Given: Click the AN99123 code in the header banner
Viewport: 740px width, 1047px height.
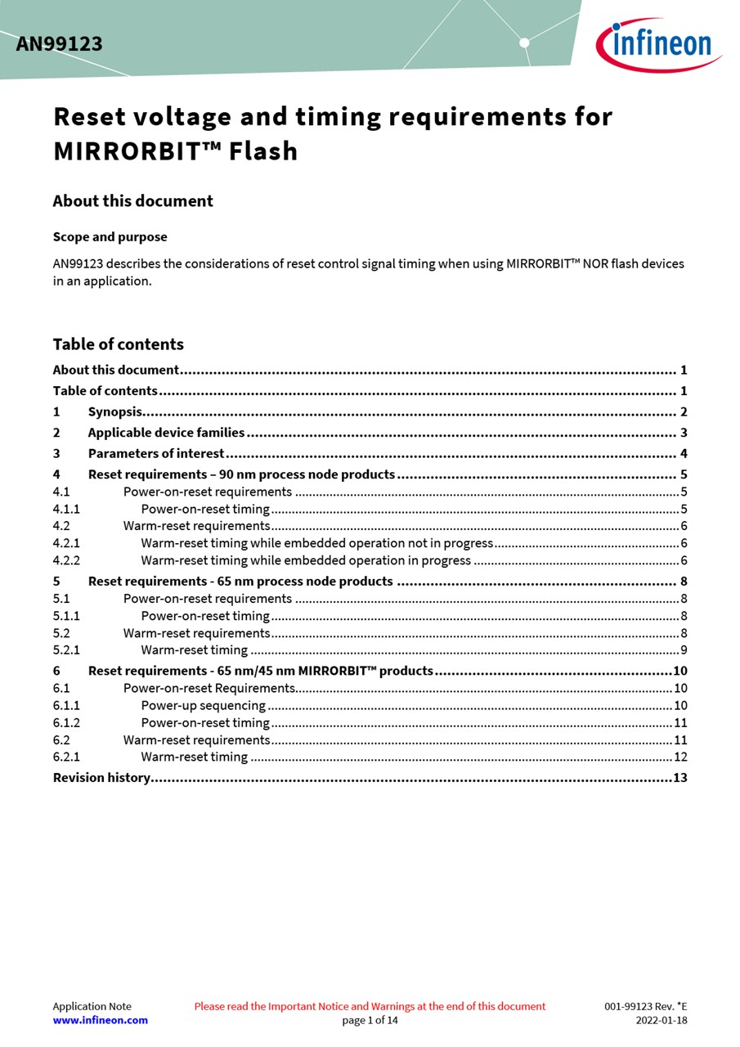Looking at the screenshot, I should (59, 44).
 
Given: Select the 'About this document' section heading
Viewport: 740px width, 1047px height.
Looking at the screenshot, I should (132, 201).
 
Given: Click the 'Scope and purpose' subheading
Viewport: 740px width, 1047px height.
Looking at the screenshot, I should (110, 237).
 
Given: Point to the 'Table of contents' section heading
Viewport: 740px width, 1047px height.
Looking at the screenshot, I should (118, 344).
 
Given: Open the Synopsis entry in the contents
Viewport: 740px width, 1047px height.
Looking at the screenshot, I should (114, 412).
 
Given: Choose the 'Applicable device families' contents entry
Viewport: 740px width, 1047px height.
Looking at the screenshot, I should (166, 433).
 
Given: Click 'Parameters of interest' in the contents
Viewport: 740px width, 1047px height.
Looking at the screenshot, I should (155, 454).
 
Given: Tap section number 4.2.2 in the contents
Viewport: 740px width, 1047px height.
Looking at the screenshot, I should (66, 561).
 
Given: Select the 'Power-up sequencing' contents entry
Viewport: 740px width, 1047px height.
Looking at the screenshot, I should (203, 706).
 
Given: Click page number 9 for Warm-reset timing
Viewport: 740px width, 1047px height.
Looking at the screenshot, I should (683, 650).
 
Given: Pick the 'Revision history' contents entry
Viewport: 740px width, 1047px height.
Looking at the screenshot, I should (101, 778).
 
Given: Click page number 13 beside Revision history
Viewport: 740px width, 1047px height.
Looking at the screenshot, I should (679, 778).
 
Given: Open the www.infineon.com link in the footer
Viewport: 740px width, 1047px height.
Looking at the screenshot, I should (100, 1020).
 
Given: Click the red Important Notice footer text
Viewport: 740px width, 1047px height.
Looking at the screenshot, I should (370, 1007).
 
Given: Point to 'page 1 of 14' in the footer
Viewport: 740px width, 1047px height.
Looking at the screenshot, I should (370, 1021).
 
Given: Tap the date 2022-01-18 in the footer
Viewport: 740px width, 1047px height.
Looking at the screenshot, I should (661, 1021).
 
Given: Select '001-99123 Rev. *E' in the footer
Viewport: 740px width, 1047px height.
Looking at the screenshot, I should (645, 1007).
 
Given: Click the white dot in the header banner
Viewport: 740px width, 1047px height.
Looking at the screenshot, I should (524, 43).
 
